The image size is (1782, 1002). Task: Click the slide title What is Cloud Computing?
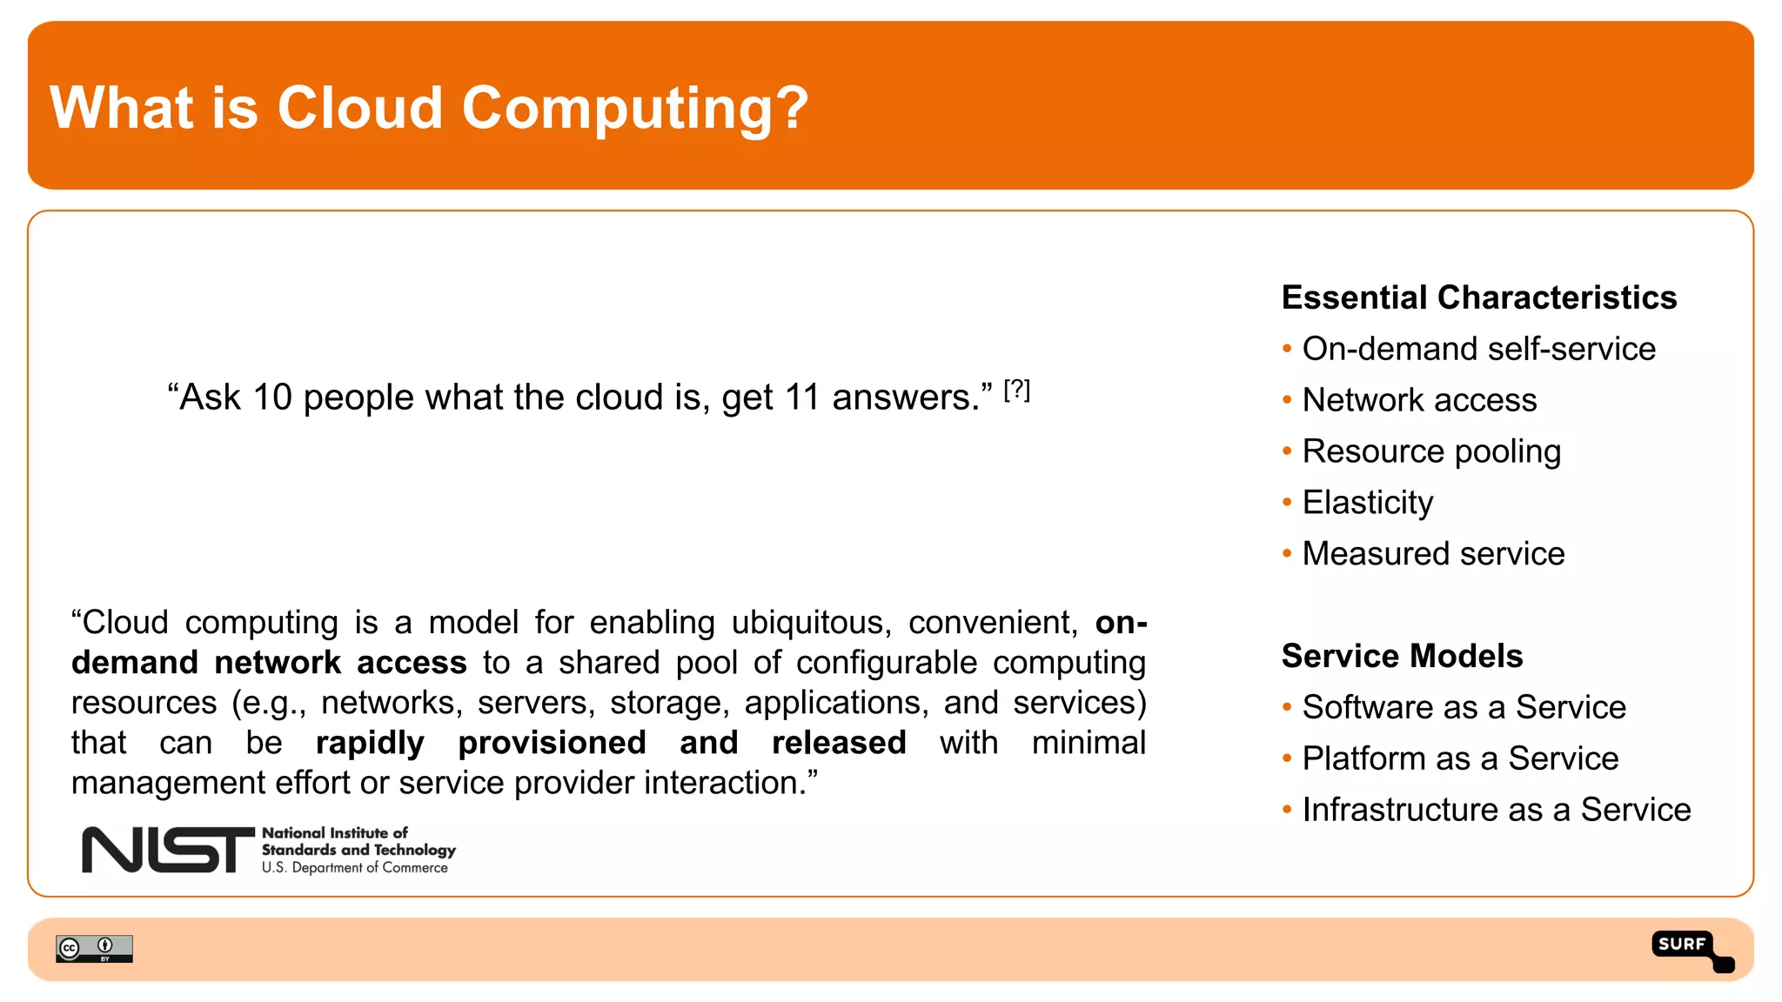pos(429,108)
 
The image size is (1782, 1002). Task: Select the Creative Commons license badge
pos(94,948)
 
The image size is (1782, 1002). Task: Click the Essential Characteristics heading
pos(1478,297)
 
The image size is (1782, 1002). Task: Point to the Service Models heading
pos(1402,656)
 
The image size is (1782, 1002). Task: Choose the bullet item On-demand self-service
pos(1478,349)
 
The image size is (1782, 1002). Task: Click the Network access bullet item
pos(1419,400)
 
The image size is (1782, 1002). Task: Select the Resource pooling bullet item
pos(1431,451)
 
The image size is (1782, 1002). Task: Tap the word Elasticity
pos(1367,503)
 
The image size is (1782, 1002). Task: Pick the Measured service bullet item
pos(1433,554)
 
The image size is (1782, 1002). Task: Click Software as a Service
pos(1464,707)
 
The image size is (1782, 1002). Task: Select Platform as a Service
pos(1460,758)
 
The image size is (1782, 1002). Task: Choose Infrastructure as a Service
pos(1496,810)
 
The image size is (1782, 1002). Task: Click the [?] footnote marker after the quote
pos(1016,390)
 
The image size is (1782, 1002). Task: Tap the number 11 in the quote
pos(801,397)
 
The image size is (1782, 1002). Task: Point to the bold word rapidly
pos(370,743)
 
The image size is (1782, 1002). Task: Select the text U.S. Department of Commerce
pos(355,868)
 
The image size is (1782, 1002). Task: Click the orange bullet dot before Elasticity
pos(1287,502)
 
